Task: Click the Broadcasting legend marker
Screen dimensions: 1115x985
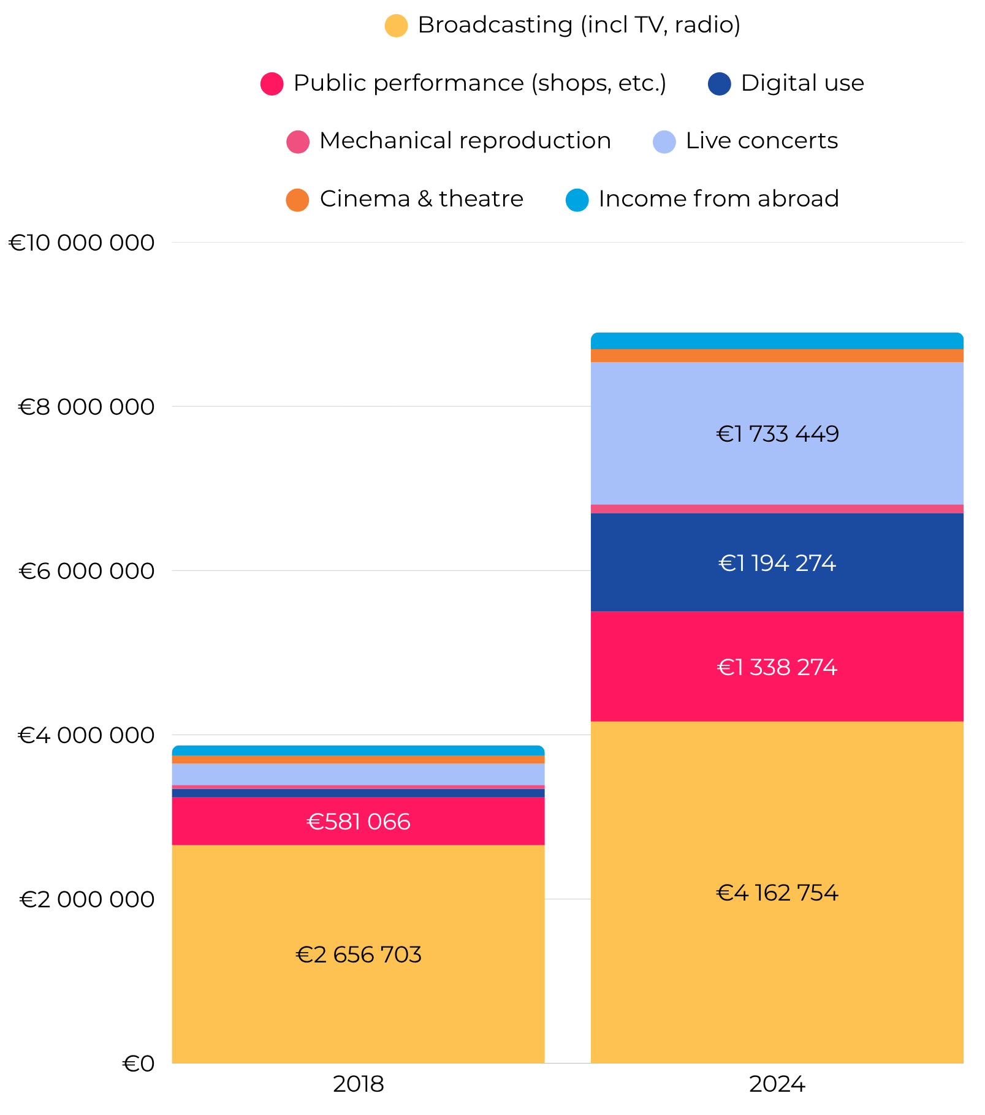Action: [396, 26]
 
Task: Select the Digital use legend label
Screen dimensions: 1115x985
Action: [802, 83]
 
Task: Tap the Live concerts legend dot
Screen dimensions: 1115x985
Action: [664, 142]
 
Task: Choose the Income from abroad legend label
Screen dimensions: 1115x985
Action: [718, 199]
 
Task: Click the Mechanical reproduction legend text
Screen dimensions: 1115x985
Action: [465, 141]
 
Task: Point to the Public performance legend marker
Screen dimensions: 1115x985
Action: [272, 84]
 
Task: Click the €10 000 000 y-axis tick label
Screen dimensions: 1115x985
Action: [82, 243]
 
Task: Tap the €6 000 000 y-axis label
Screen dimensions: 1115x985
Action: [86, 571]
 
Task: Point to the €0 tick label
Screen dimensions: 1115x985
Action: [138, 1064]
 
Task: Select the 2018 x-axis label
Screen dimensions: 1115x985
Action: [358, 1084]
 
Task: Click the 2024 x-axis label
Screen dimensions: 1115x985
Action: [777, 1084]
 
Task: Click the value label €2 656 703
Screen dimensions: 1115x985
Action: [359, 955]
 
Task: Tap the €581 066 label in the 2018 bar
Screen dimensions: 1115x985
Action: [359, 822]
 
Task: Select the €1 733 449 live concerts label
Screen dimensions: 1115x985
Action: [777, 434]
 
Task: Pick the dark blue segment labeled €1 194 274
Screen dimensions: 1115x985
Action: [777, 563]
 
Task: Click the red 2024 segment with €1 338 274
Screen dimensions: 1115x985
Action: [777, 667]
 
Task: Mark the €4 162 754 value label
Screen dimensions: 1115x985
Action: [777, 893]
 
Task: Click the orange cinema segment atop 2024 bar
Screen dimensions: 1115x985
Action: [777, 355]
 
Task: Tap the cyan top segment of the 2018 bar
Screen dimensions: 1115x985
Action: [359, 750]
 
